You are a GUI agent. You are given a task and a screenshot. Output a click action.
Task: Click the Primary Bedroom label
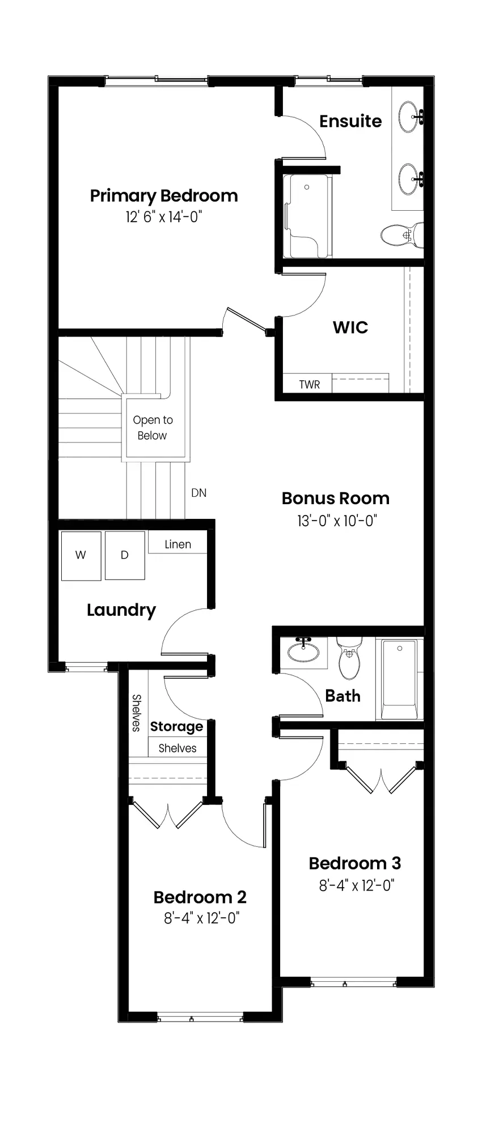pos(164,196)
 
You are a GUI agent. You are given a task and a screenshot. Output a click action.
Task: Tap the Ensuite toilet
pos(402,234)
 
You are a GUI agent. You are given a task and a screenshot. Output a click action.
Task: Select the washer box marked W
pos(81,555)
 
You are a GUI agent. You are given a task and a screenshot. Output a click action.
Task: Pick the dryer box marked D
pos(125,555)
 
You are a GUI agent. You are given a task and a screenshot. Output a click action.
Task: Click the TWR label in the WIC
pos(310,385)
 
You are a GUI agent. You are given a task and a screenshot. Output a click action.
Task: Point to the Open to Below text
pos(153,428)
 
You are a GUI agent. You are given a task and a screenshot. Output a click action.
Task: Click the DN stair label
pos(199,493)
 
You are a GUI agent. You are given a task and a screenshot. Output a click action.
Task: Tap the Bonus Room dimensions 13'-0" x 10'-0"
pos(337,521)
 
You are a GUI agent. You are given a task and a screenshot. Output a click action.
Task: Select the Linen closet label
pos(178,544)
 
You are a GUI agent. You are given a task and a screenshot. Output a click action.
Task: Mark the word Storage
pos(176,727)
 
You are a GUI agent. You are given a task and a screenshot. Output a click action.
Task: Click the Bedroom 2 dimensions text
pos(202,918)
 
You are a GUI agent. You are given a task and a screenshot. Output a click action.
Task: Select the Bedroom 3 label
pos(355,863)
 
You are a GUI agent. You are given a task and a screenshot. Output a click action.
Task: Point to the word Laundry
pos(121,610)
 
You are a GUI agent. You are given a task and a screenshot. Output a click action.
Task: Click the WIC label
pos(350,327)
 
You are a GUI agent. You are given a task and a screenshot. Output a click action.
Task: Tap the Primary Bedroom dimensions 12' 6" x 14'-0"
pos(164,217)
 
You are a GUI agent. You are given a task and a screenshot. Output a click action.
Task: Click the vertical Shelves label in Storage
pos(136,713)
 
